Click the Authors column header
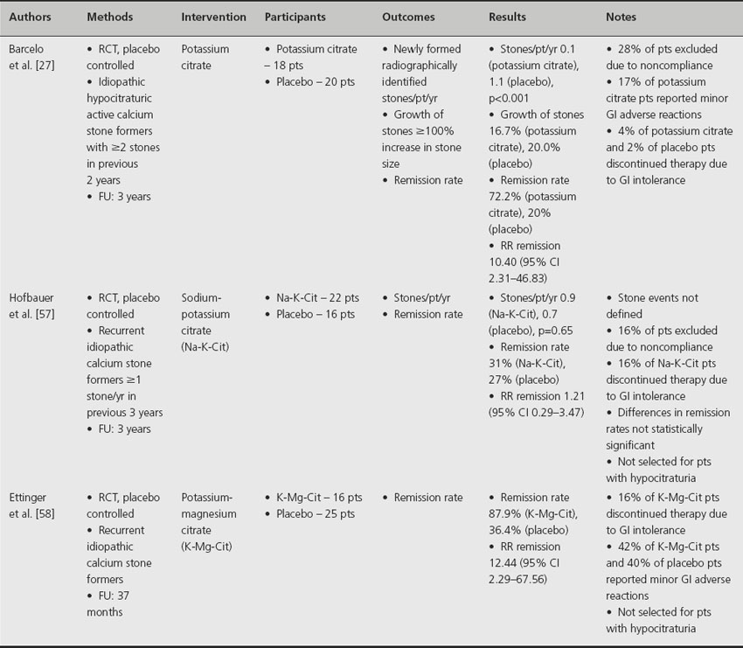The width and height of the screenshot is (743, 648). (x=31, y=17)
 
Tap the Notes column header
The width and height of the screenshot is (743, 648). (x=621, y=17)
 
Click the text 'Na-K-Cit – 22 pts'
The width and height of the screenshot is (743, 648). (x=316, y=298)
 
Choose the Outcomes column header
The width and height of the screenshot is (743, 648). (x=410, y=17)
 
